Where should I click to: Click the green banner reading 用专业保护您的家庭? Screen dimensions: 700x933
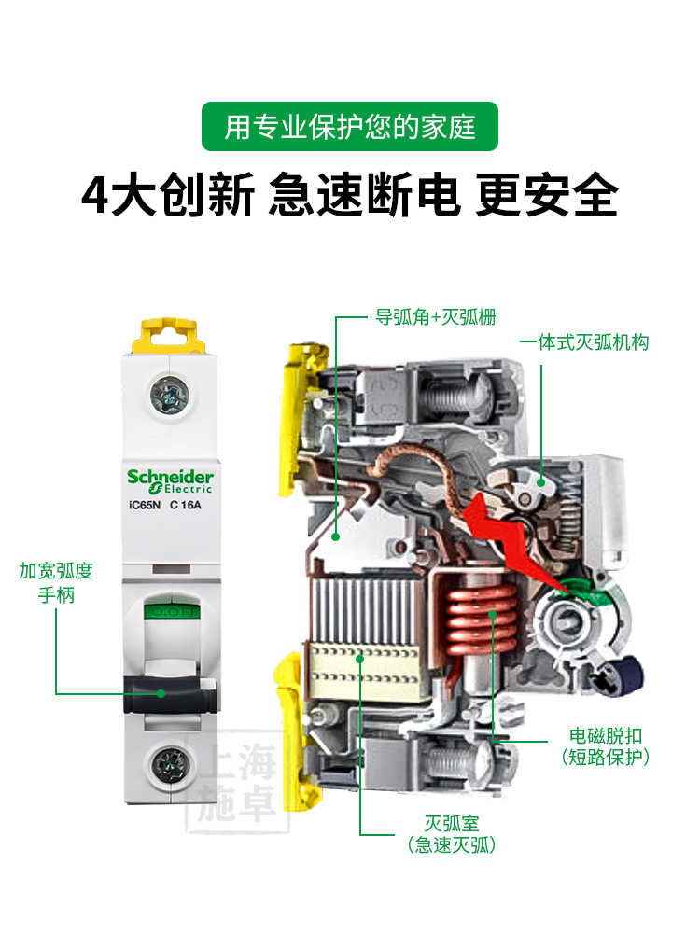click(350, 126)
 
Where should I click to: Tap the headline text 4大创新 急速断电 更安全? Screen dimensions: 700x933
click(350, 195)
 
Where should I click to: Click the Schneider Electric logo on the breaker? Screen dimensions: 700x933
click(170, 480)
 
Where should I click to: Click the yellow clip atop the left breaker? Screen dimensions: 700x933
click(171, 333)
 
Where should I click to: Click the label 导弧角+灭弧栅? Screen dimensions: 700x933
click(435, 317)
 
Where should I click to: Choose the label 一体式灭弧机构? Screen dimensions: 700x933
click(583, 342)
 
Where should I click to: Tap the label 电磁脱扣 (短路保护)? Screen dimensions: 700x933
click(606, 745)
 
